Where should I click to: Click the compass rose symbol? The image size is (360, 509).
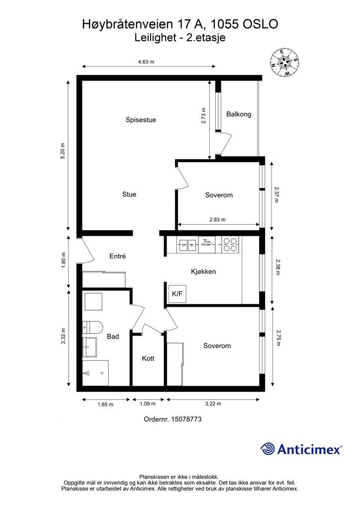284,62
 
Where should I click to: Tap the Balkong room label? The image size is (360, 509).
239,114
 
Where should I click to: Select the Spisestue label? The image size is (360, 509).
141,120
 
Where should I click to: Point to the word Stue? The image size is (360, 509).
129,194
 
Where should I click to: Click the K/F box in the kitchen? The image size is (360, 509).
177,294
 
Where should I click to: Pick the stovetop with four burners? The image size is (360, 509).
230,245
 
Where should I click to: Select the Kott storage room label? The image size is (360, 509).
148,359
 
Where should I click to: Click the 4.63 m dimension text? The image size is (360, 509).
146,62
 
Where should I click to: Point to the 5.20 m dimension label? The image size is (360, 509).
63,151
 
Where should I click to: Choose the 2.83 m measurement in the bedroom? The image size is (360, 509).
217,219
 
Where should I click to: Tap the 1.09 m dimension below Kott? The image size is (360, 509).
147,404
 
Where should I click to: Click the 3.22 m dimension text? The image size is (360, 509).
213,404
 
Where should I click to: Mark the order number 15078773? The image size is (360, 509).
186,419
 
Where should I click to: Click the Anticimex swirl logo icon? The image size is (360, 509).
267,449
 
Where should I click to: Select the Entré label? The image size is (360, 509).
117,256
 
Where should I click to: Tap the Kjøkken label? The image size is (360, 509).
203,272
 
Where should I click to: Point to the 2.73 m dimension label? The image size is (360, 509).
203,116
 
